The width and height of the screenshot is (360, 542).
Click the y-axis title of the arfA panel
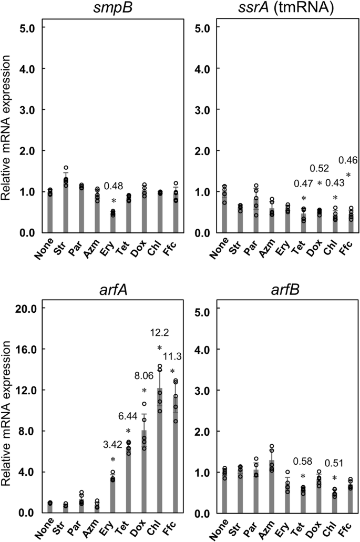(x=8, y=410)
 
